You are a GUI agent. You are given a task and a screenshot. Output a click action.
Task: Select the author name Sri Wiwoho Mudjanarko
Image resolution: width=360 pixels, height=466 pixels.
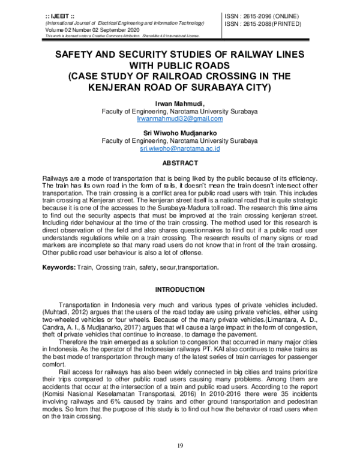(x=179, y=132)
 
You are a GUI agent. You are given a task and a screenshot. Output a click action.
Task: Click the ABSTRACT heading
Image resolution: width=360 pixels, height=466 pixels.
(x=180, y=163)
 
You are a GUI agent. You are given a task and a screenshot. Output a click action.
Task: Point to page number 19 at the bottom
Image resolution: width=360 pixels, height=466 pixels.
(x=180, y=445)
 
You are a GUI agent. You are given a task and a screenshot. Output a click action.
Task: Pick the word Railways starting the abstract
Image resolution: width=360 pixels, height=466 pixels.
(x=57, y=180)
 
